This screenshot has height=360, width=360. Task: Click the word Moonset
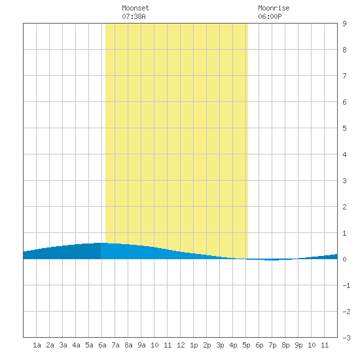point(135,8)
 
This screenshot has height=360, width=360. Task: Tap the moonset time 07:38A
point(134,16)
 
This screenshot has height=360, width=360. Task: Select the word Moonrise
point(274,8)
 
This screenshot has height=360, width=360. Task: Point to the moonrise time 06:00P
point(270,16)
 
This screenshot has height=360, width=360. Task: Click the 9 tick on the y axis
point(344,24)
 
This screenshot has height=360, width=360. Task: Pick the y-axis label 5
point(344,128)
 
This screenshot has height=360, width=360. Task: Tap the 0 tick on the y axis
point(344,259)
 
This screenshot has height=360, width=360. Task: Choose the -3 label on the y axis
point(346,338)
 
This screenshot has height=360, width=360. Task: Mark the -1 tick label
point(346,285)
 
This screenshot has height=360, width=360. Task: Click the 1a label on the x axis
point(37,345)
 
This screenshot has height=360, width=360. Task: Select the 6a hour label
point(102,345)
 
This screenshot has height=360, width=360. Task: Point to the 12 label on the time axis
point(181,345)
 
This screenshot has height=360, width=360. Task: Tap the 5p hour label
point(246,345)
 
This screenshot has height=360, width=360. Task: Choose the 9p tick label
point(298,345)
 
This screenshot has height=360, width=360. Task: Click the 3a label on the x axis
point(63,345)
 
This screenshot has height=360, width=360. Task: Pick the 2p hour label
point(207,345)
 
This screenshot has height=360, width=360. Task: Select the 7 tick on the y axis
point(344,76)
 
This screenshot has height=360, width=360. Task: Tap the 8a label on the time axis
point(128,345)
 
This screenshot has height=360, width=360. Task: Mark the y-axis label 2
point(344,207)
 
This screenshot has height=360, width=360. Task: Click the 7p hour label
point(272,345)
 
